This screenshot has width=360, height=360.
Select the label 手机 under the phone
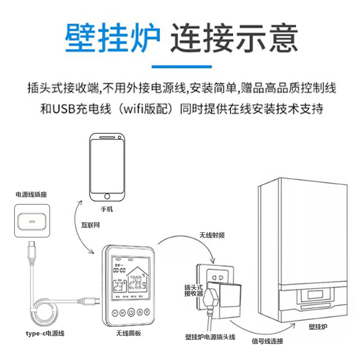pos(107,209)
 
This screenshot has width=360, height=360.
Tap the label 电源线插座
pos(31,195)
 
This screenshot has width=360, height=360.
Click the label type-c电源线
pos(45,333)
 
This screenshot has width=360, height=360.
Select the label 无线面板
pos(129,333)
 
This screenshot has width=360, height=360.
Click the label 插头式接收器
pos(193,290)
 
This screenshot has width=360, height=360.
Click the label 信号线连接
pos(267,341)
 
